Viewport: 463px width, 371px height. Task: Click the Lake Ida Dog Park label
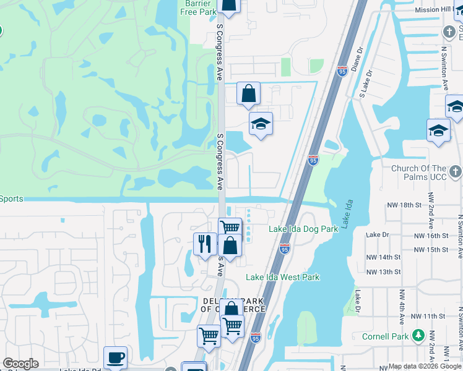(303, 229)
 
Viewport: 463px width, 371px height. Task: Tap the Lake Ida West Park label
(283, 277)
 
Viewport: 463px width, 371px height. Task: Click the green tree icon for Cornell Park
(418, 336)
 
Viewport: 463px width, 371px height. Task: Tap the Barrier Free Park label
(198, 7)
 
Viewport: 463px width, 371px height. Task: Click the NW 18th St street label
(405, 205)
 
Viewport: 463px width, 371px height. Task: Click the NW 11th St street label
(423, 316)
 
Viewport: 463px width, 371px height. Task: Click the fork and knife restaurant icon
(204, 243)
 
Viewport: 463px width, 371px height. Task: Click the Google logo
(20, 364)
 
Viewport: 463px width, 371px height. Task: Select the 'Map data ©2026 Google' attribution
(425, 366)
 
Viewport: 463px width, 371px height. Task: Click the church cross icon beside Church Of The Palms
(455, 171)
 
